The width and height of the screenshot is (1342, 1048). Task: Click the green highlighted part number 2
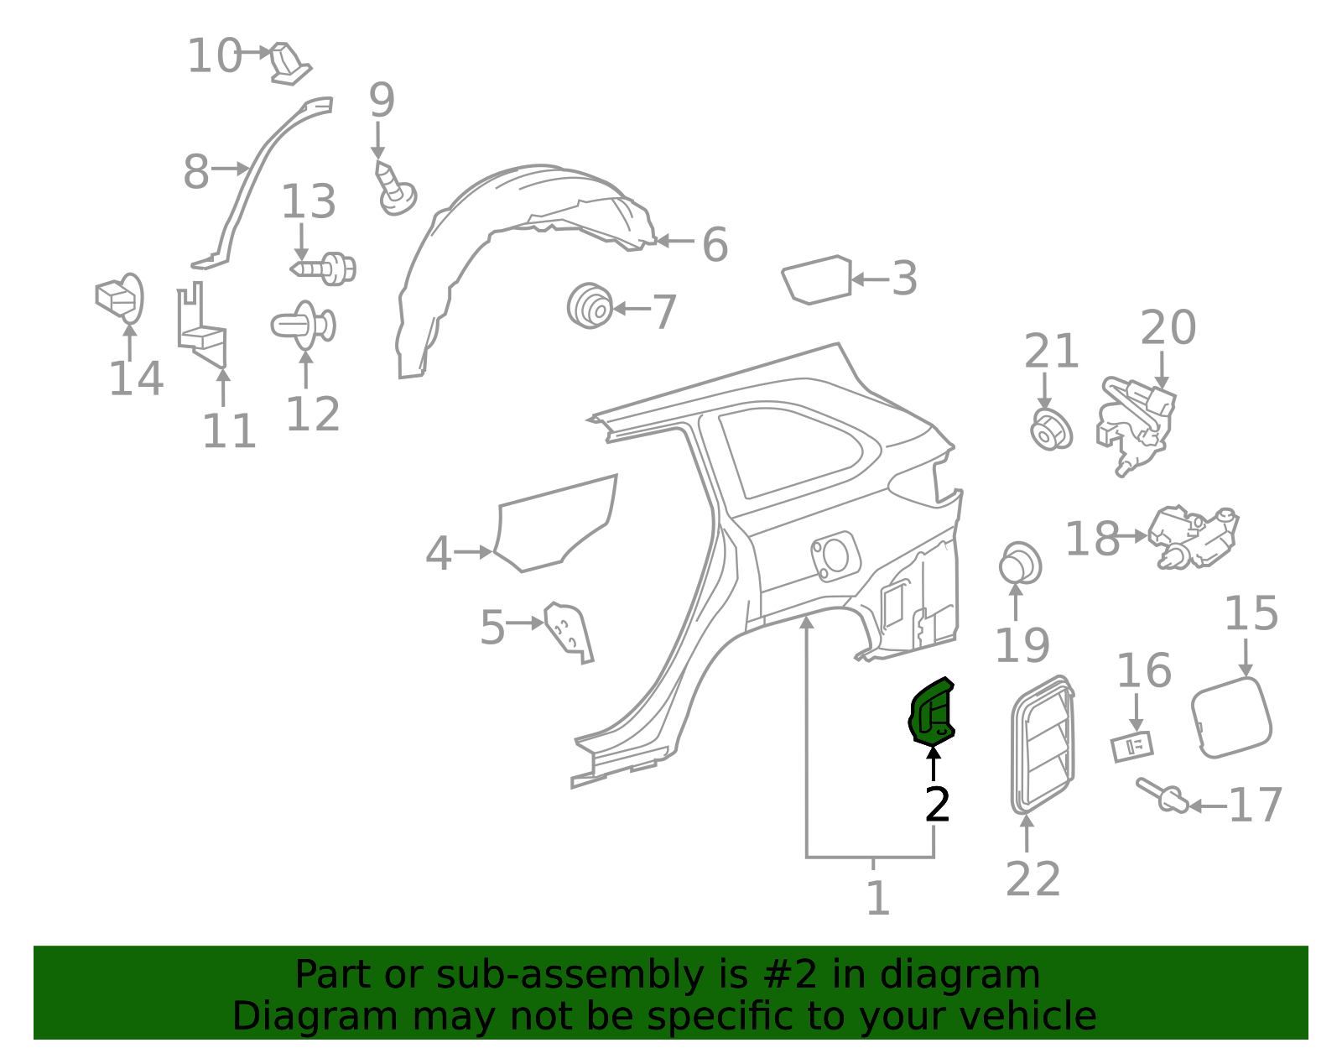click(x=932, y=713)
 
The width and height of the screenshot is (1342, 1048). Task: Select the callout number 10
click(x=214, y=56)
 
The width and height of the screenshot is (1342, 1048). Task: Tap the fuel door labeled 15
click(x=1230, y=717)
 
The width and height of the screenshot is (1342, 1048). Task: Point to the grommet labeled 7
click(x=590, y=305)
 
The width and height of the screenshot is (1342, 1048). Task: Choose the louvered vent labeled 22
click(x=1043, y=743)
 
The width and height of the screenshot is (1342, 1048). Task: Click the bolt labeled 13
click(x=325, y=269)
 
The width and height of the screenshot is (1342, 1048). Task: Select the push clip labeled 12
click(x=303, y=326)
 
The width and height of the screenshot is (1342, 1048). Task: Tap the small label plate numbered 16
click(x=1131, y=746)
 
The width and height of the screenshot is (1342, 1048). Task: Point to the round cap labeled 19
click(x=1020, y=564)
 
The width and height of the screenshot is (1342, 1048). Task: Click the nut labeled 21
click(x=1050, y=430)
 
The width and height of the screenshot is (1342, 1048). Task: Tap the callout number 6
click(x=714, y=244)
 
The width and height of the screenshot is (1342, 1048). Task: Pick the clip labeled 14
click(x=120, y=299)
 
